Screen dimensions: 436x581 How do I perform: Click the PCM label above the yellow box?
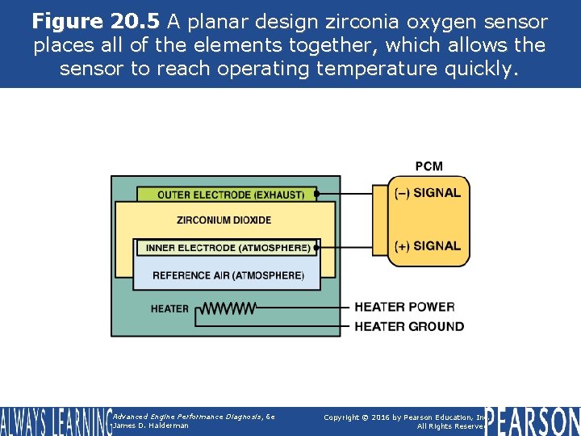coord(428,166)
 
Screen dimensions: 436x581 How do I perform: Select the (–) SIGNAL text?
coord(427,193)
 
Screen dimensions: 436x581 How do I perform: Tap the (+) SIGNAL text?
coord(427,245)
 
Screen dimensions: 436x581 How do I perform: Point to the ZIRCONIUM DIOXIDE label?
coord(224,220)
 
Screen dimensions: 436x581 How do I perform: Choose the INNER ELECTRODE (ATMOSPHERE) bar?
coord(228,248)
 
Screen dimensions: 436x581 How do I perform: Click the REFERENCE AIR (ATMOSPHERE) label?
coord(228,275)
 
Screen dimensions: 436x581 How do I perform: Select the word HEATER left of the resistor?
coord(169,308)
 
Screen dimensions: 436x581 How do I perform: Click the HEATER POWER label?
coord(404,307)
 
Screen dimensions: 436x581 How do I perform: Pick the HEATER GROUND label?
coord(409,326)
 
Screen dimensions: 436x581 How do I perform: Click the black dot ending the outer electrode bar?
coord(316,195)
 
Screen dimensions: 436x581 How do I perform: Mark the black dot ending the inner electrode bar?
coord(317,248)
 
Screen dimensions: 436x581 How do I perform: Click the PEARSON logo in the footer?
coord(533,421)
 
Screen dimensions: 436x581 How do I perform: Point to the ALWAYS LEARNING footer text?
coord(54,421)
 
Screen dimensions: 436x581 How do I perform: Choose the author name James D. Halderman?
coord(151,426)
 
